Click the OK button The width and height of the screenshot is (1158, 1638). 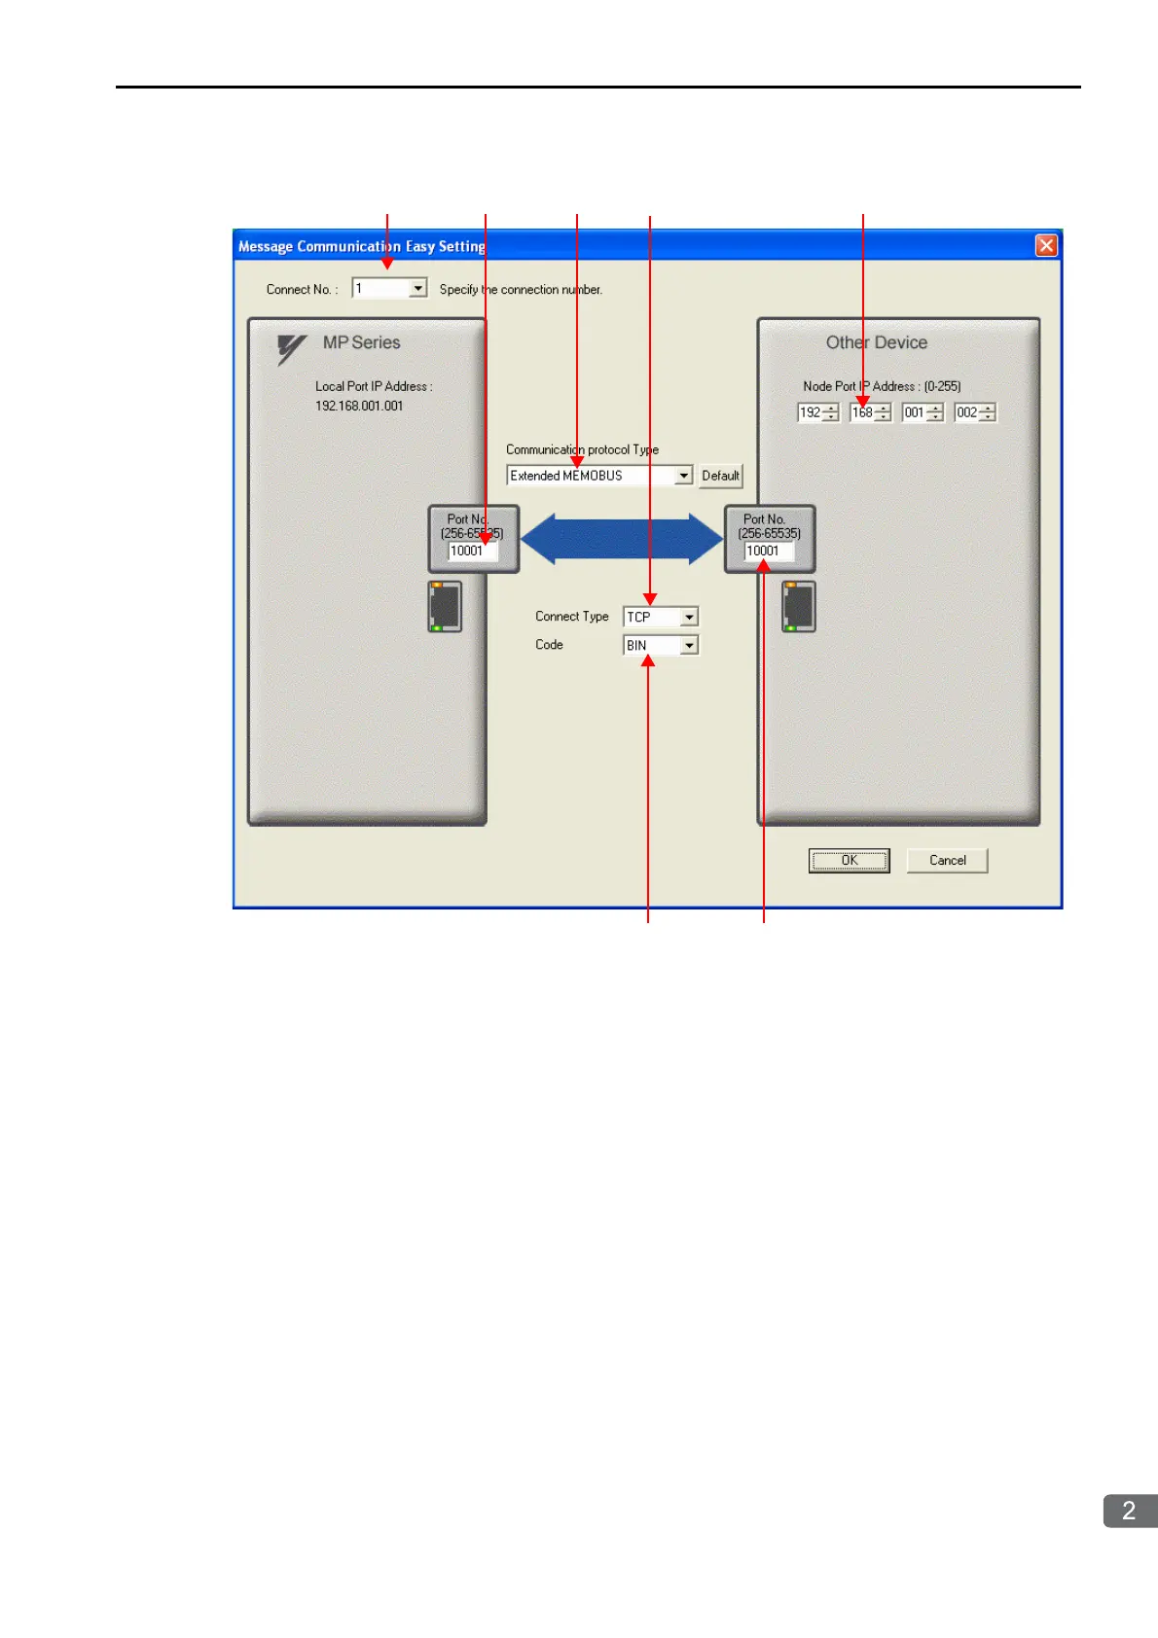pyautogui.click(x=849, y=861)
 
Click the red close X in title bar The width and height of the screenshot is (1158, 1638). pyautogui.click(x=1046, y=245)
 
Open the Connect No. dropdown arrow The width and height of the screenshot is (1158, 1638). pyautogui.click(x=417, y=289)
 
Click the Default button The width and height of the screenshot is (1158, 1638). pyautogui.click(x=720, y=476)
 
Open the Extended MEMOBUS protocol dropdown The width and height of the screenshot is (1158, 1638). pyautogui.click(x=683, y=476)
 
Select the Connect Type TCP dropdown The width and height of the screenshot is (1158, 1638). pyautogui.click(x=689, y=618)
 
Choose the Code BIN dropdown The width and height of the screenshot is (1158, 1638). pyautogui.click(x=689, y=646)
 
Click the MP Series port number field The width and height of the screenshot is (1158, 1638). pyautogui.click(x=472, y=552)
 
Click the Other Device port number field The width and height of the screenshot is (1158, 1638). pyautogui.click(x=768, y=552)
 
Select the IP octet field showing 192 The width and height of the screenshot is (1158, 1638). pyautogui.click(x=810, y=413)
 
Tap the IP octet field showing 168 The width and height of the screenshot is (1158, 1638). pyautogui.click(x=862, y=413)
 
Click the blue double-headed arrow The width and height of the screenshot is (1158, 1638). pyautogui.click(x=622, y=540)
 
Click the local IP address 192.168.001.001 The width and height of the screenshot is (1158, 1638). pyautogui.click(x=359, y=407)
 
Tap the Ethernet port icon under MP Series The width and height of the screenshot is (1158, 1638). pyautogui.click(x=445, y=607)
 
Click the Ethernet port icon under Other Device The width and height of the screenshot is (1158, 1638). pyautogui.click(x=799, y=607)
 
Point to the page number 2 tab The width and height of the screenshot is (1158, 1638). pyautogui.click(x=1129, y=1511)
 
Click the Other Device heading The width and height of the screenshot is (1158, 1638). pyautogui.click(x=876, y=343)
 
